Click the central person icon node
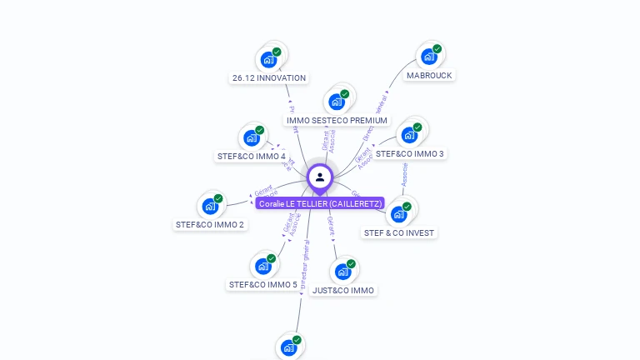coord(320,177)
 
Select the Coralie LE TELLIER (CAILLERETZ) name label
coord(320,203)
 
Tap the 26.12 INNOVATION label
coord(269,78)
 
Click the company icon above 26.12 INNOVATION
coord(268,59)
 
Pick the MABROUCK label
coord(429,75)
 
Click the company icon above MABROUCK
coord(429,57)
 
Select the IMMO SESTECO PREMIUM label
coord(337,120)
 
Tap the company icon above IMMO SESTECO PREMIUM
coord(337,102)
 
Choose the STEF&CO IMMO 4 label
coord(251,156)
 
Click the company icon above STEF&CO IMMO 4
coord(251,137)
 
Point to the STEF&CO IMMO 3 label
coord(409,153)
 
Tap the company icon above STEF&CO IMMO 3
coord(409,135)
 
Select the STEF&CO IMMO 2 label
coord(209,224)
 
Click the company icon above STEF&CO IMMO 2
coord(209,206)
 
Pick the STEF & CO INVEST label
coord(399,232)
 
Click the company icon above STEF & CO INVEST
coord(399,214)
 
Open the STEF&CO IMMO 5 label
coord(262,284)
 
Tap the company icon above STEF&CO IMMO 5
coord(262,267)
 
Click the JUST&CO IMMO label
coord(342,290)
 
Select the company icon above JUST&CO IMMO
coord(342,272)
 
